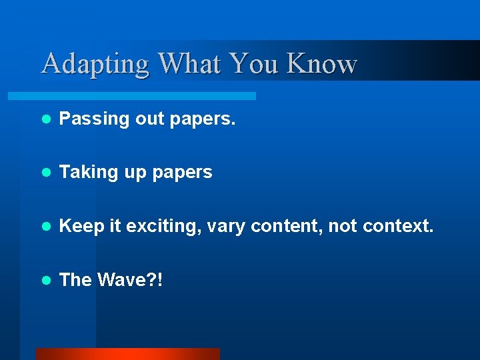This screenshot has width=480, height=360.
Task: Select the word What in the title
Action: point(189,64)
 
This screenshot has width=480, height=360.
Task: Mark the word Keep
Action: point(81,227)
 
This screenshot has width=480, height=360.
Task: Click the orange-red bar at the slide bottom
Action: point(127,354)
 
